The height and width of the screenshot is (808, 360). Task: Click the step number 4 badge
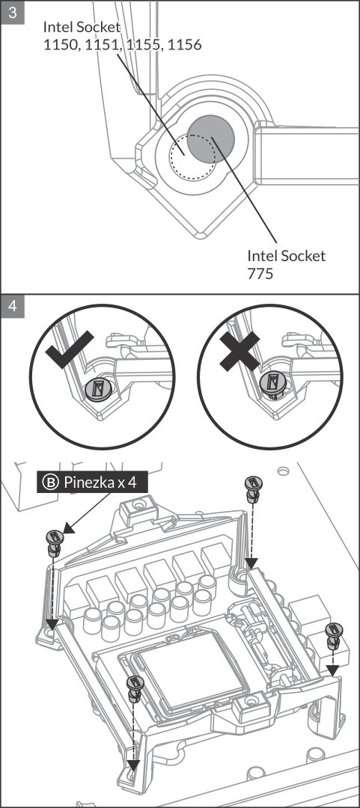pos(13,306)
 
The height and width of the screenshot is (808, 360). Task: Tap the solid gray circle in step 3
pos(210,138)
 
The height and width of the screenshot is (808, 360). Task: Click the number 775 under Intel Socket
pos(260,272)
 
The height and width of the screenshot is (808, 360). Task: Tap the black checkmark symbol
pos(70,350)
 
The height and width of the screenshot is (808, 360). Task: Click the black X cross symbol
pos(240,352)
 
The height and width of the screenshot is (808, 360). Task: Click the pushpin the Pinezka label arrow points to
pos(54,542)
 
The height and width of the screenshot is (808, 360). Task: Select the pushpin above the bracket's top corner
pos(252,489)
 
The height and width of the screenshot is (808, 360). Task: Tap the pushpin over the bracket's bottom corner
pos(135,688)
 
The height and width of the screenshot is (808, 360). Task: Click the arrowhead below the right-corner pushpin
pos(333,670)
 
